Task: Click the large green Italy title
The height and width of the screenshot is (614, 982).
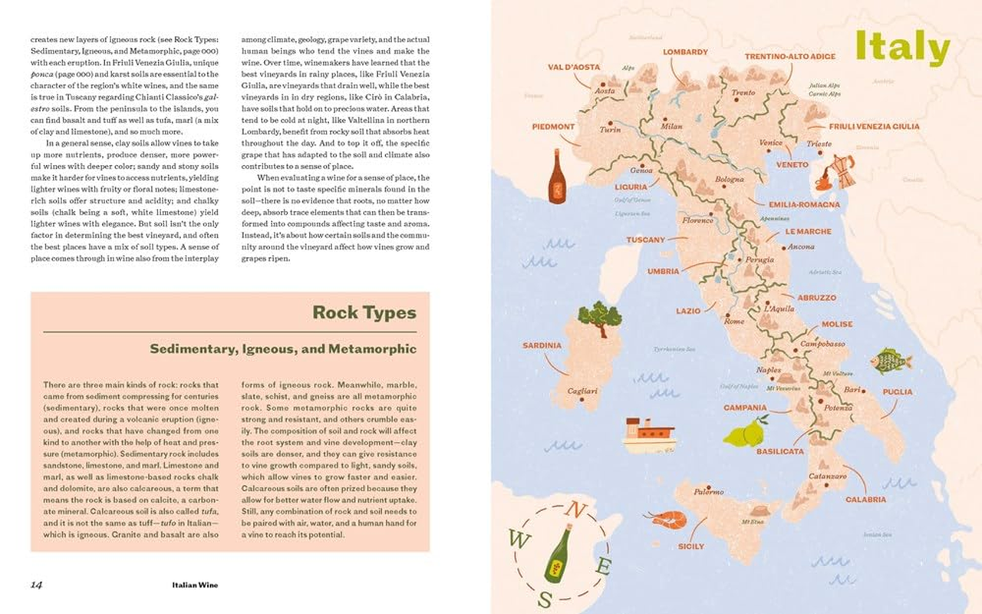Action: (902, 48)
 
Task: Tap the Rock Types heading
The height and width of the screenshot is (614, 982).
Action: (364, 313)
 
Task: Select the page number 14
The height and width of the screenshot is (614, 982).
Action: (36, 585)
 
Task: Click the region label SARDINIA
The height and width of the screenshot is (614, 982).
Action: (542, 345)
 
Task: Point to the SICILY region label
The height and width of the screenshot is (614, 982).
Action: (690, 546)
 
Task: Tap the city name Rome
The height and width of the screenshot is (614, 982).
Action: (734, 322)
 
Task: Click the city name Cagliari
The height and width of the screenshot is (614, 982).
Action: (582, 391)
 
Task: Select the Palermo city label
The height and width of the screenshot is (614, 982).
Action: (708, 492)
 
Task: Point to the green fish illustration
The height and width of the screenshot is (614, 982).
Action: (890, 360)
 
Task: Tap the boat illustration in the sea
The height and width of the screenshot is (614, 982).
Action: (648, 435)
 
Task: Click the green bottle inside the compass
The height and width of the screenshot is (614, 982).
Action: (559, 553)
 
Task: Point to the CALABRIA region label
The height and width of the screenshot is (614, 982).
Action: (865, 500)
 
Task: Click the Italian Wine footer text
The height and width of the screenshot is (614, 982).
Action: (195, 585)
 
